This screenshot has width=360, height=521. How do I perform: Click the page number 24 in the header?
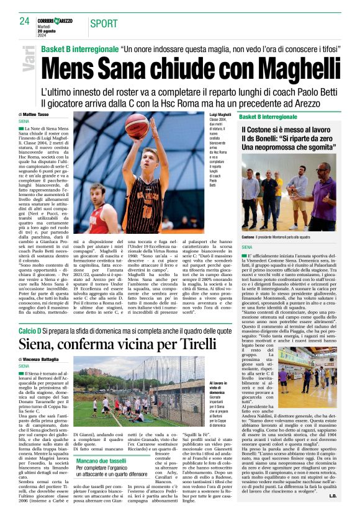24,21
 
